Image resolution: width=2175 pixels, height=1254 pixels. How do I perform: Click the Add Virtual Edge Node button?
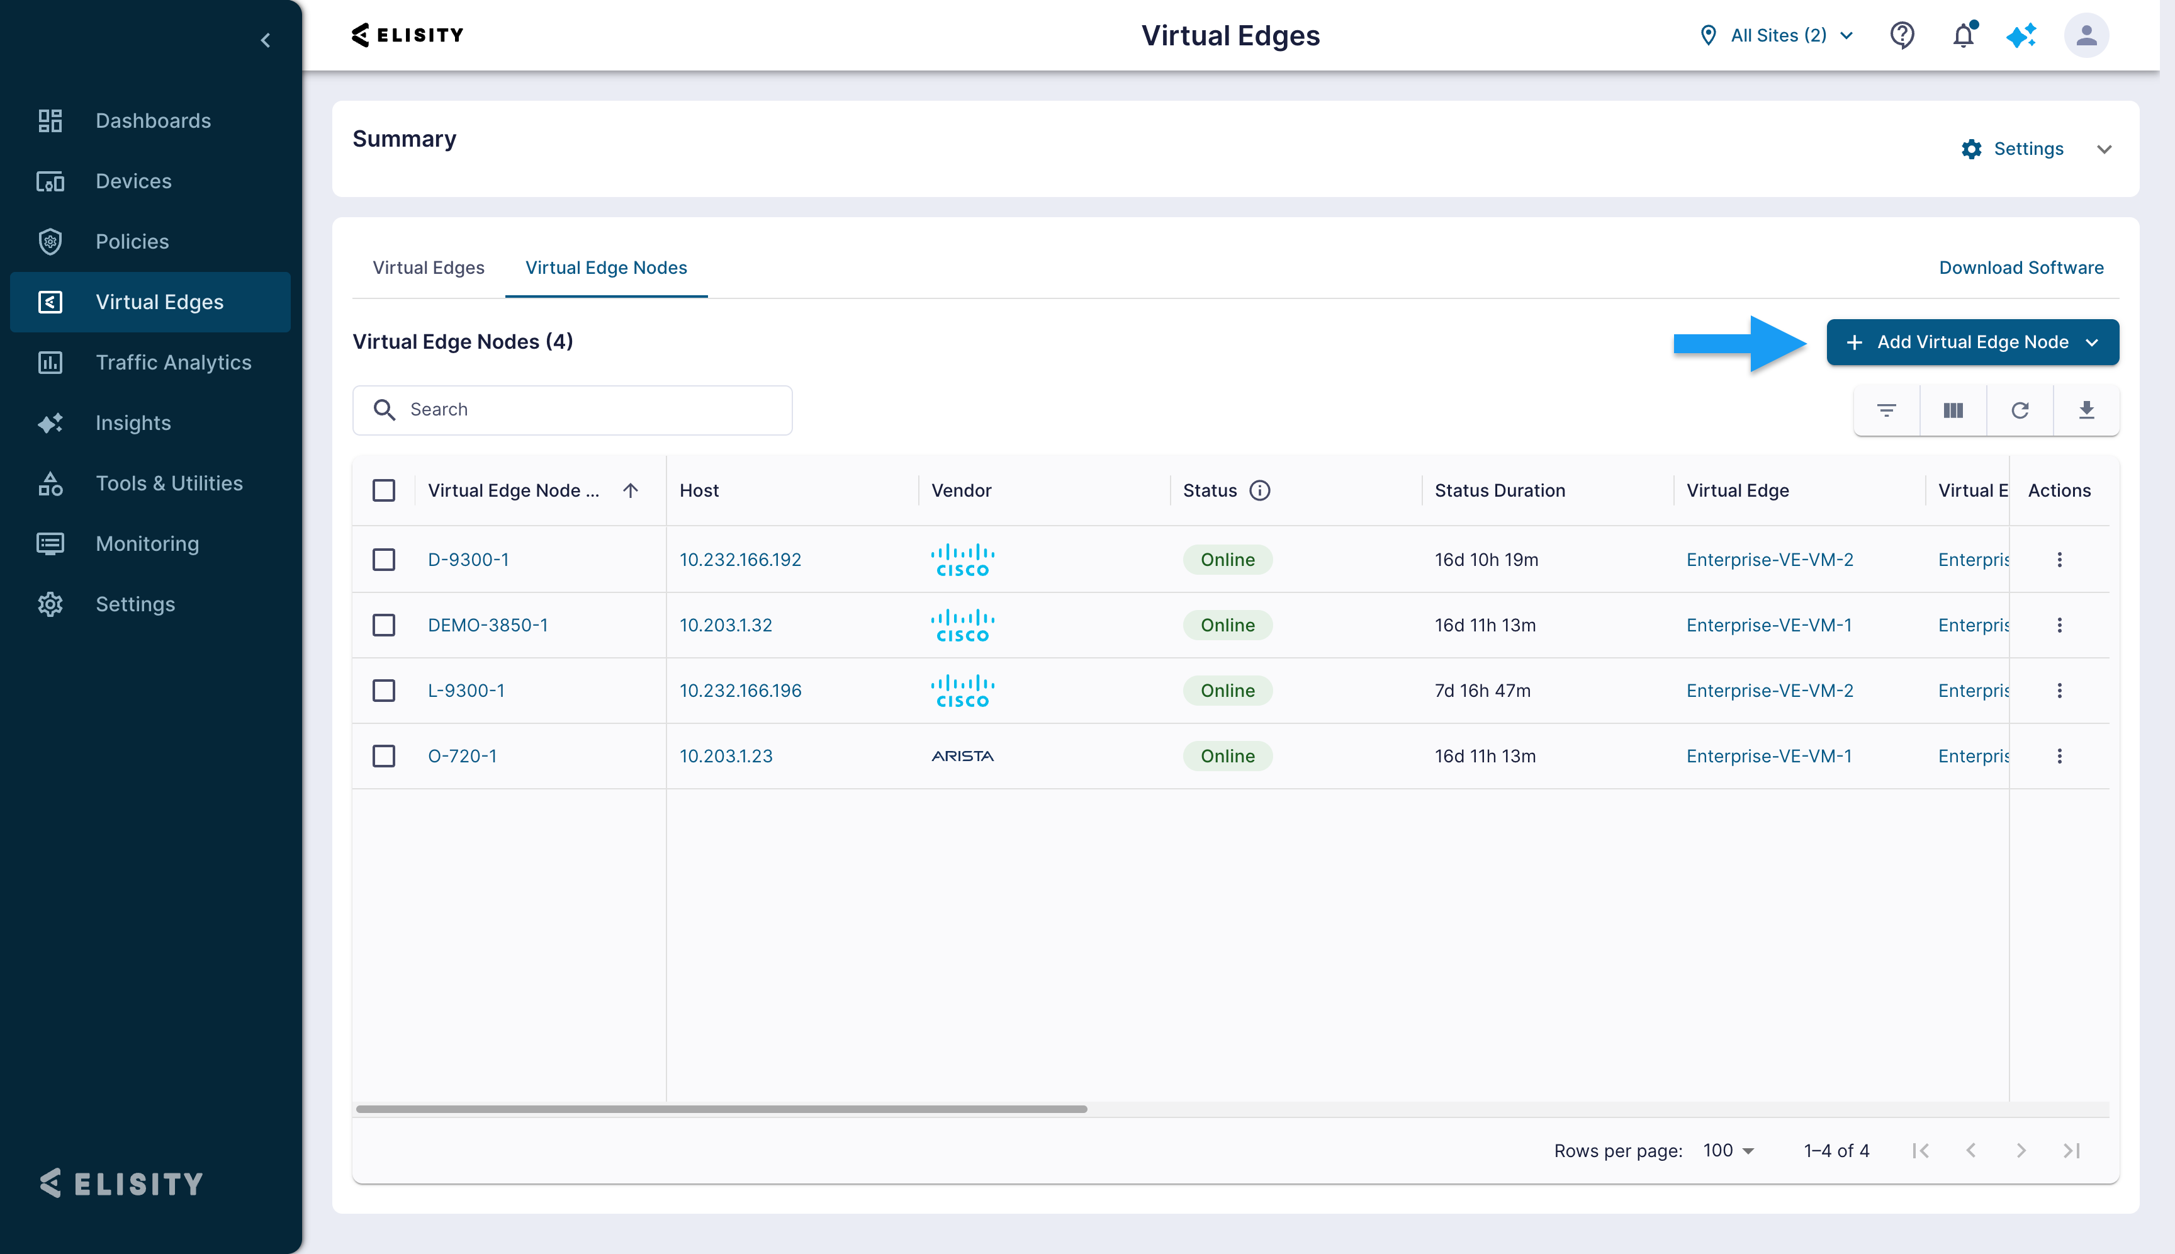pos(1972,342)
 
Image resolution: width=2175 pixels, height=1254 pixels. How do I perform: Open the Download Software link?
pos(2020,268)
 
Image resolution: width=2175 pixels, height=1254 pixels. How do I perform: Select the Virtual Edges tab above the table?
pos(428,268)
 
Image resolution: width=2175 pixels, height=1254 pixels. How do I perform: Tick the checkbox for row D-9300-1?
pos(384,560)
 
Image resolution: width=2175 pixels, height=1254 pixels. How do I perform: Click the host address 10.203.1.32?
pos(726,625)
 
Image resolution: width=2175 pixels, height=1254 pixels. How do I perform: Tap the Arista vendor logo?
pos(963,756)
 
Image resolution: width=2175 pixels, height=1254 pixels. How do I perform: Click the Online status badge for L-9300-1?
pos(1227,691)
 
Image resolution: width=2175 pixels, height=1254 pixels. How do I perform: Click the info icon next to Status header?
pos(1260,491)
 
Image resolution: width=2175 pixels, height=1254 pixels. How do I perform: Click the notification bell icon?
pos(1963,35)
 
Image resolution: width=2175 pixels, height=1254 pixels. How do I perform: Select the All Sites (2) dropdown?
pos(1777,35)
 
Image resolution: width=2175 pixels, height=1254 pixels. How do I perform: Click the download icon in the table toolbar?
pos(2086,410)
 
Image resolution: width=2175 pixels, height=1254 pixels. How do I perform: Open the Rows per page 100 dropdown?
pos(1728,1151)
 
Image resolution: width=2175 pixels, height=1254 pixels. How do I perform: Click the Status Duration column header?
pos(1499,491)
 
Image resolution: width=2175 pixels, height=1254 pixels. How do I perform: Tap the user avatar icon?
pos(2086,35)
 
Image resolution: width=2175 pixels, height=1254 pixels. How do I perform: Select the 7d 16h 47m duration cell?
pos(1482,691)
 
